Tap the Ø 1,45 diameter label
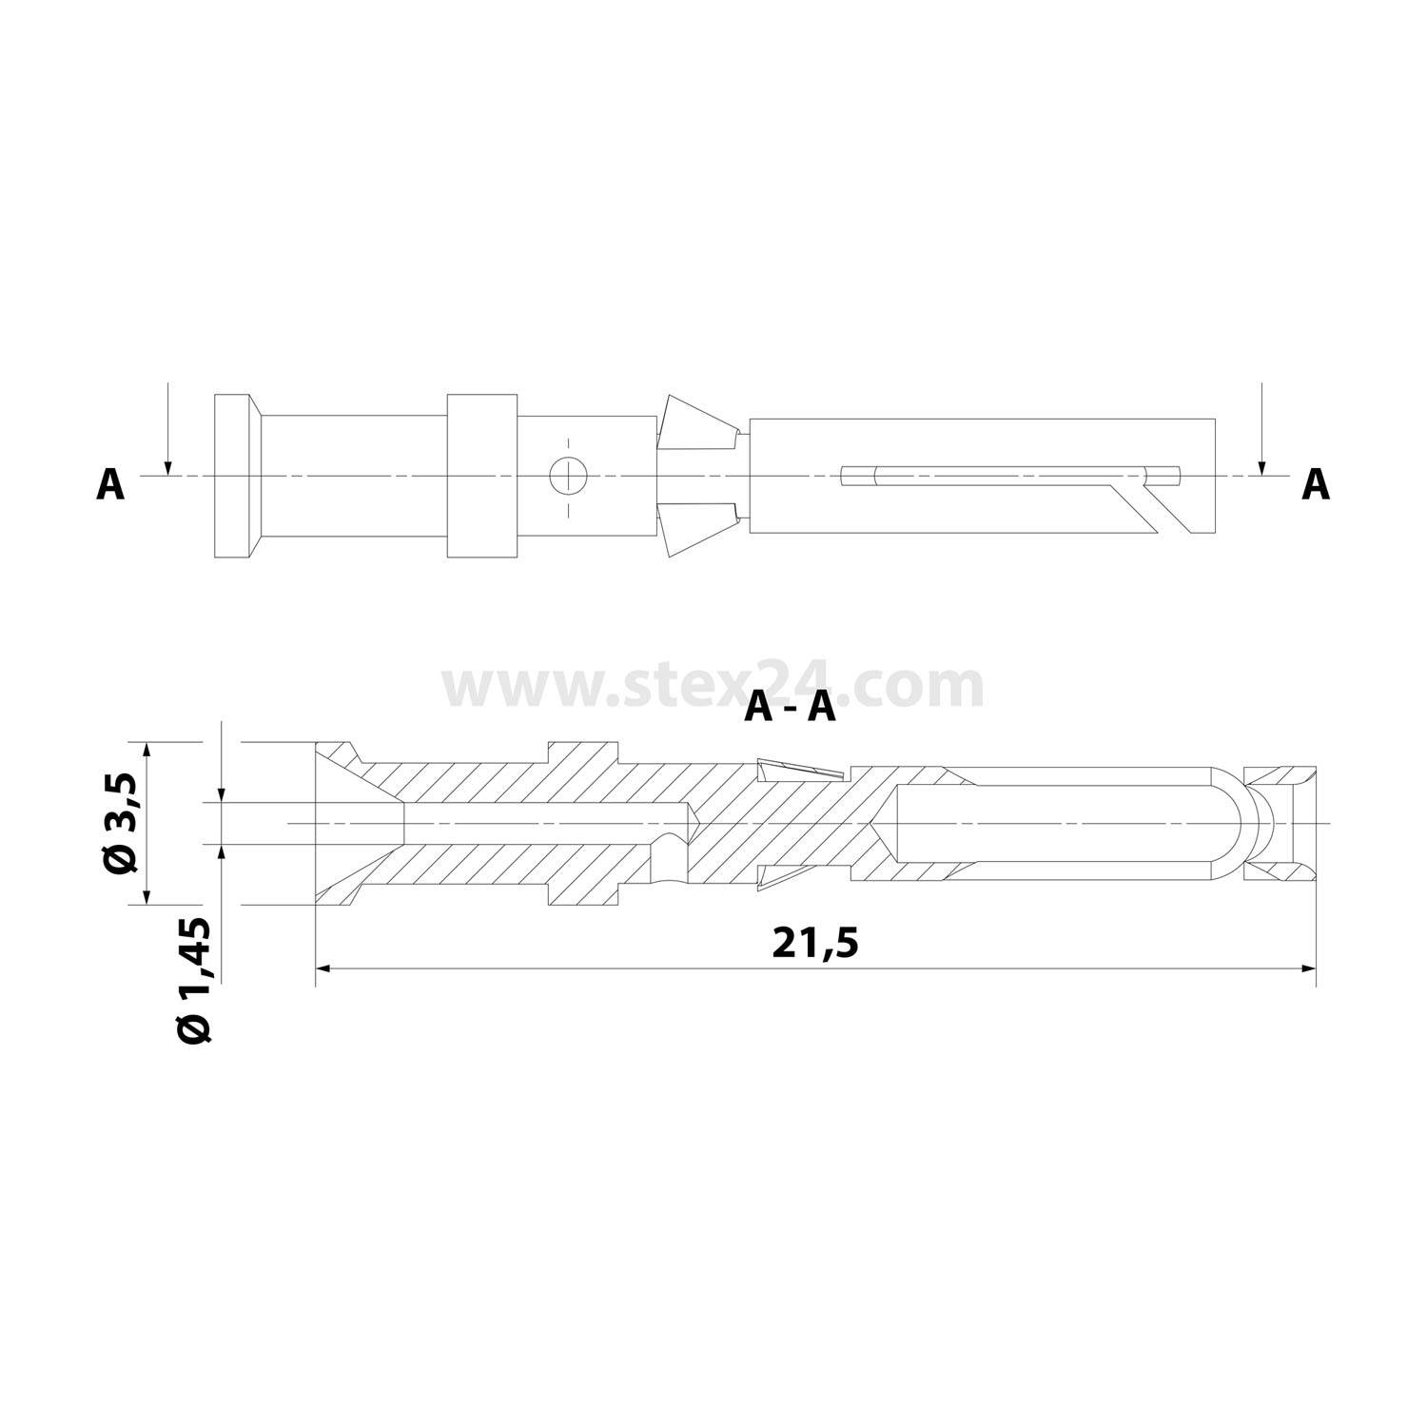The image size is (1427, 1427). (x=195, y=980)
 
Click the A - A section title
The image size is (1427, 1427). (x=791, y=707)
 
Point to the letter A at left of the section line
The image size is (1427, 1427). (x=110, y=485)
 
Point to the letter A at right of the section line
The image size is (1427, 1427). (x=1315, y=485)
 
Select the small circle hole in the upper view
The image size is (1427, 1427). (x=569, y=475)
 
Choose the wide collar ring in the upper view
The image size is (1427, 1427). (x=482, y=476)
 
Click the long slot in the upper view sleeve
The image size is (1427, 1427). (x=1008, y=475)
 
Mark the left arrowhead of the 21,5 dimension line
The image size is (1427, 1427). (x=323, y=968)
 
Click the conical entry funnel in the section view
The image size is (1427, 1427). (x=357, y=822)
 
